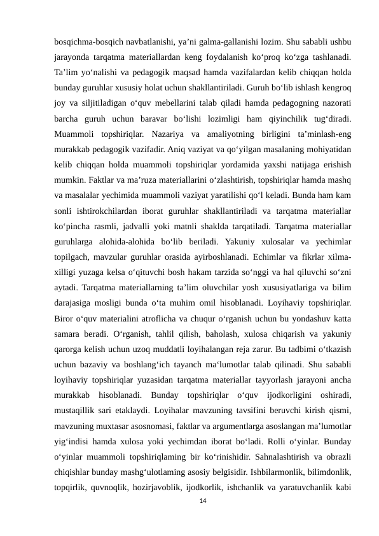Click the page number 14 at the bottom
tap(203, 502)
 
